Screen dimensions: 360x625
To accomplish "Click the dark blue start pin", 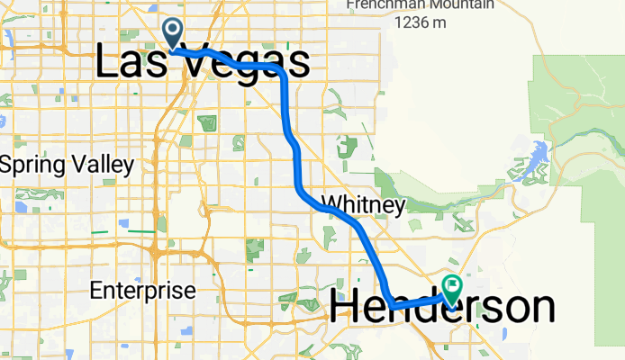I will (172, 32).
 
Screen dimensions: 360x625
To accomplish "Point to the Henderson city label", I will (442, 308).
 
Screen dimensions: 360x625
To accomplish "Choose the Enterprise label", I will (142, 291).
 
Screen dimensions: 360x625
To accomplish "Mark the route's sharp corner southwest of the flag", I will (391, 304).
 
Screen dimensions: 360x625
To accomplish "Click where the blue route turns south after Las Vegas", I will (285, 74).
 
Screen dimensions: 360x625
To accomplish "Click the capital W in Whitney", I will (330, 205).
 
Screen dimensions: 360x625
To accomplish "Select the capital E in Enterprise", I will (97, 291).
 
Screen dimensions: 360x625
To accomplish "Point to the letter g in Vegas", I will (242, 67).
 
